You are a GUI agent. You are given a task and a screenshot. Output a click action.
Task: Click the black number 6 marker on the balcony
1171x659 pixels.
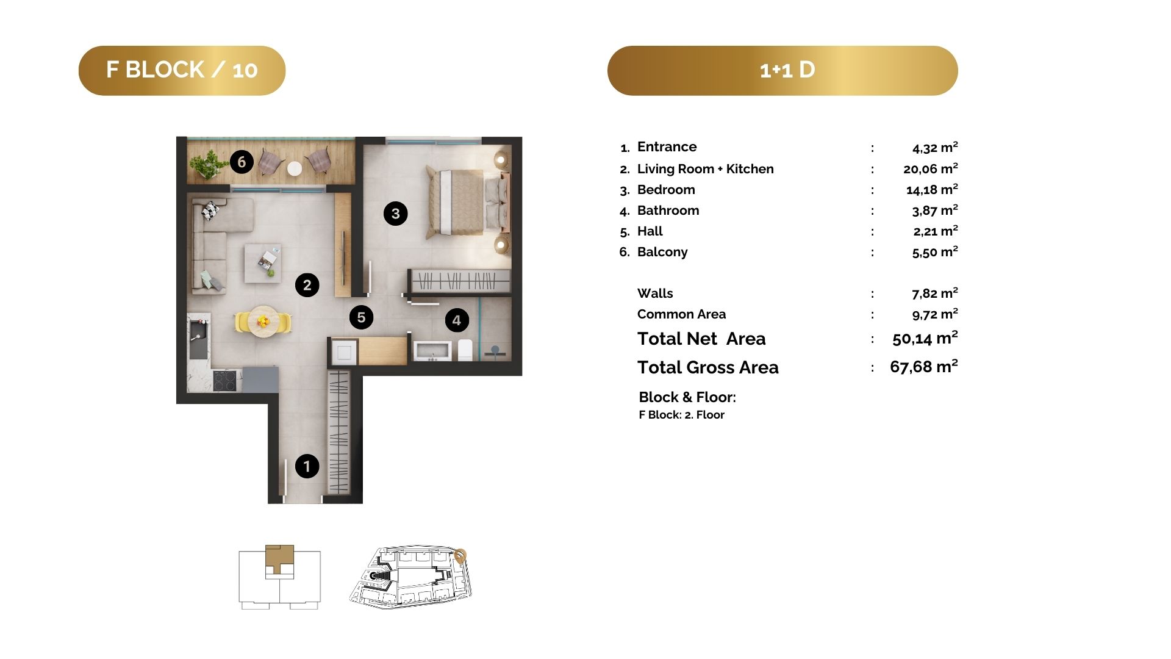pyautogui.click(x=242, y=162)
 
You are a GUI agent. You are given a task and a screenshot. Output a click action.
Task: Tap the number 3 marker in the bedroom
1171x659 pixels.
pyautogui.click(x=395, y=214)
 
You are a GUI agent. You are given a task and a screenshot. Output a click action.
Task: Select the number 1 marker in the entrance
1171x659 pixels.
pyautogui.click(x=307, y=466)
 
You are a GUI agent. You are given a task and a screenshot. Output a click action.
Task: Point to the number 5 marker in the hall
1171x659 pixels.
pyautogui.click(x=361, y=317)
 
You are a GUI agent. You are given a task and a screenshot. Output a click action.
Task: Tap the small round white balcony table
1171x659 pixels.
pyautogui.click(x=295, y=168)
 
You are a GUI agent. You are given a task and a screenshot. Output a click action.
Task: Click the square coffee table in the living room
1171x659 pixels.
pyautogui.click(x=263, y=263)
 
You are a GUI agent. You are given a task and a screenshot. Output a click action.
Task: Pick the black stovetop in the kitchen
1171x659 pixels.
pyautogui.click(x=224, y=381)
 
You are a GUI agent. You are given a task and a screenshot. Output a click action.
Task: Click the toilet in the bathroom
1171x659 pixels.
pyautogui.click(x=465, y=350)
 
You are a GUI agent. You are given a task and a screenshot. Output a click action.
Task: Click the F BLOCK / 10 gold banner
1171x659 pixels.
pyautogui.click(x=182, y=70)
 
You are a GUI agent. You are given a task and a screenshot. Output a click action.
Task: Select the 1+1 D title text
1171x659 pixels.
pyautogui.click(x=787, y=70)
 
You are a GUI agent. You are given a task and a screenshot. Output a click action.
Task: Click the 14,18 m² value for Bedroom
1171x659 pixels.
pyautogui.click(x=932, y=190)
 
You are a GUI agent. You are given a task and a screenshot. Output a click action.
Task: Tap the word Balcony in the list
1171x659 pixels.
pyautogui.click(x=662, y=252)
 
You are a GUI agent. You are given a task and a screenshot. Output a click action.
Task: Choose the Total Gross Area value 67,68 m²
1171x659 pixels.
pyautogui.click(x=923, y=367)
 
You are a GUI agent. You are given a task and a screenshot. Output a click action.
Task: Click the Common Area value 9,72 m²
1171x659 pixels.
pyautogui.click(x=935, y=314)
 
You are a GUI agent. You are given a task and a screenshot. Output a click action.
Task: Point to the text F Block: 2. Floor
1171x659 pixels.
pyautogui.click(x=681, y=415)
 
